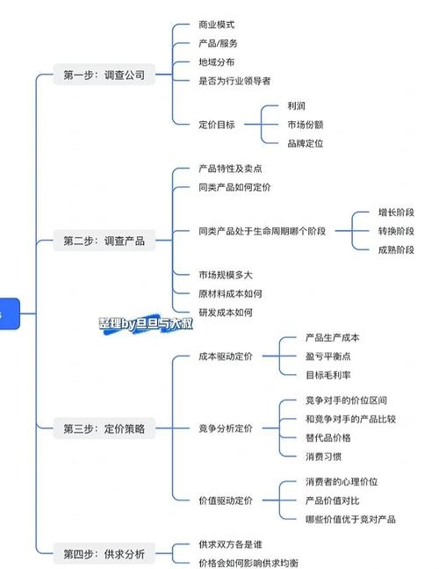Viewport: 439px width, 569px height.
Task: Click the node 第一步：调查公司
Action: pyautogui.click(x=104, y=76)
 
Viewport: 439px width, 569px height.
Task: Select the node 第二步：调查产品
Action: pyautogui.click(x=104, y=240)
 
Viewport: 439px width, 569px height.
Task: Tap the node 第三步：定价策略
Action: pyautogui.click(x=104, y=429)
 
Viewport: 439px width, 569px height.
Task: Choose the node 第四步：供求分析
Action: pyautogui.click(x=104, y=553)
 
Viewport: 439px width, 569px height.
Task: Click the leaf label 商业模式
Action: pyautogui.click(x=217, y=25)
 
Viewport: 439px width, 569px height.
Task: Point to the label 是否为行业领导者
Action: pyautogui.click(x=234, y=80)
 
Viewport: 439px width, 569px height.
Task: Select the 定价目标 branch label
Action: pyautogui.click(x=217, y=125)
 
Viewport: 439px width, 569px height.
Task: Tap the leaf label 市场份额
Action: pyautogui.click(x=305, y=125)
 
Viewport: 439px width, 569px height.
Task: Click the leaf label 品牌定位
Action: pyautogui.click(x=305, y=143)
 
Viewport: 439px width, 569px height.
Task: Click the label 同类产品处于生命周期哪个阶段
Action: pyautogui.click(x=262, y=231)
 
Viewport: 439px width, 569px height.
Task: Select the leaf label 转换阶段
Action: pyautogui.click(x=396, y=231)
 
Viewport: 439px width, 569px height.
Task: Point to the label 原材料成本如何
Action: pyautogui.click(x=230, y=293)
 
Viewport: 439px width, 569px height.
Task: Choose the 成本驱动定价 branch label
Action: pyautogui.click(x=225, y=357)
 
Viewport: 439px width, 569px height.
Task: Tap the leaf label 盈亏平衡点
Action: pyautogui.click(x=327, y=357)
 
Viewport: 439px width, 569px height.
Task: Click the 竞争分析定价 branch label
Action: pyautogui.click(x=225, y=429)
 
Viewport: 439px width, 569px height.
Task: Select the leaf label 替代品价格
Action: pyautogui.click(x=327, y=436)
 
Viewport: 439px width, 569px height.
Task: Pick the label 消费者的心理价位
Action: pyautogui.click(x=342, y=481)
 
